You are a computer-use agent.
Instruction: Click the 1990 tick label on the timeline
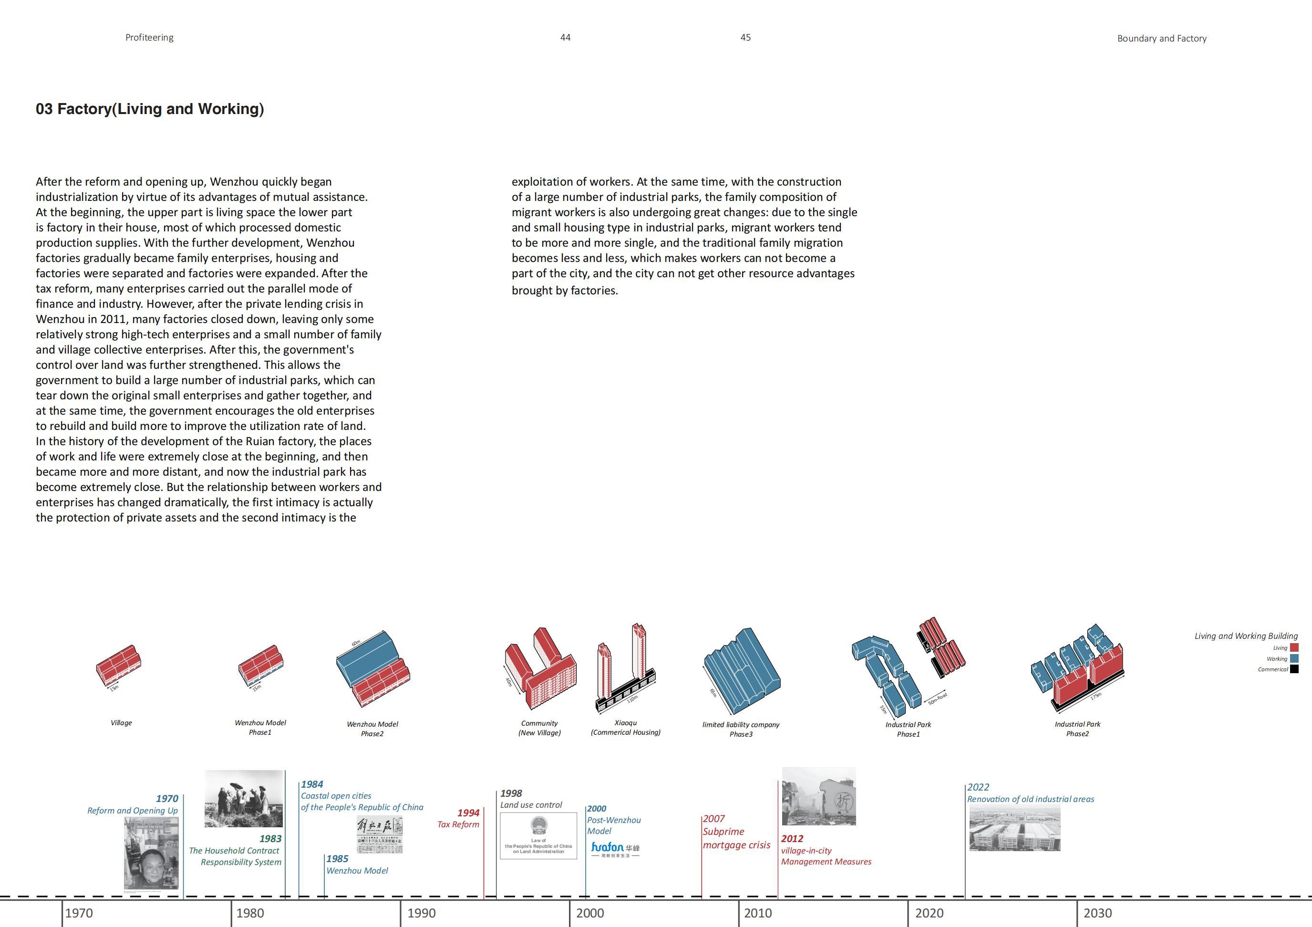[421, 913]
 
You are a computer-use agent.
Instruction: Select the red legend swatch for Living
[1294, 647]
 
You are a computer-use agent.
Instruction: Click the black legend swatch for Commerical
[1294, 669]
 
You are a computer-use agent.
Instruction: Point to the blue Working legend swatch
[1294, 658]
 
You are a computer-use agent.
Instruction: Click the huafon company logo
[615, 849]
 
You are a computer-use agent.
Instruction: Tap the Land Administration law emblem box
[538, 835]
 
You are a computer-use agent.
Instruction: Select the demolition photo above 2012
[818, 796]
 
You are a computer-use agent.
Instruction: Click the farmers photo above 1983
[243, 798]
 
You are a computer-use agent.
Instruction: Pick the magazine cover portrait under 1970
[152, 853]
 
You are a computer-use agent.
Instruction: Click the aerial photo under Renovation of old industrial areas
[1014, 829]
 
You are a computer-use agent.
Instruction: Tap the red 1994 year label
[468, 812]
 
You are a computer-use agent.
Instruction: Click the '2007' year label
[714, 818]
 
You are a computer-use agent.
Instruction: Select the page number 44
[565, 37]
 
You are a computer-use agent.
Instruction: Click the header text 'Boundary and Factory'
[1162, 38]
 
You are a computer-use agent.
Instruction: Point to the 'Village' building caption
[121, 722]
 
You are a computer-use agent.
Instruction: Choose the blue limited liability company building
[741, 669]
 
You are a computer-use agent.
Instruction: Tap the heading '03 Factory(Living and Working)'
[150, 109]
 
